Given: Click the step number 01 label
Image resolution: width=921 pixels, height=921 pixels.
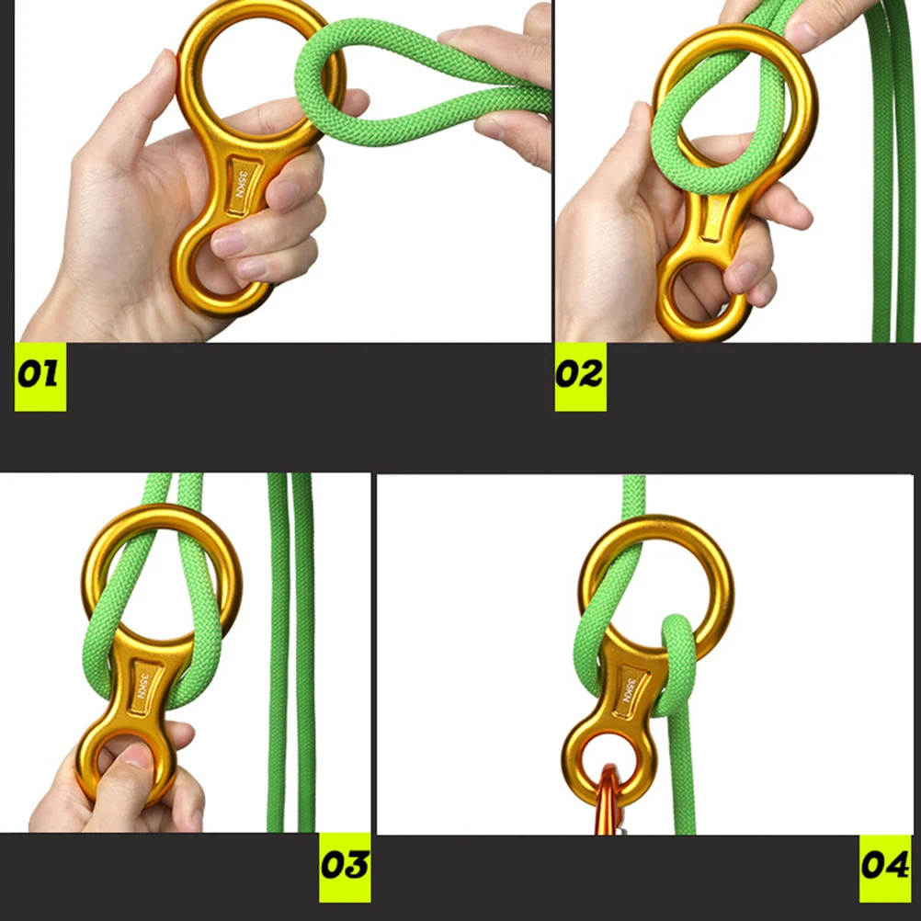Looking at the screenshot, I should coord(40,375).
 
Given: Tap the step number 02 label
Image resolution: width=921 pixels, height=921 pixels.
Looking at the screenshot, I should coord(580,375).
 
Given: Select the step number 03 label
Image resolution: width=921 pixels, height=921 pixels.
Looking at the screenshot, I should coord(345,865).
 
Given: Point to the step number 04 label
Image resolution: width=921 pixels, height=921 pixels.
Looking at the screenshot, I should coord(885,865).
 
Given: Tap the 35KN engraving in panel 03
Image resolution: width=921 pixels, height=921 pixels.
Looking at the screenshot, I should coord(143,685).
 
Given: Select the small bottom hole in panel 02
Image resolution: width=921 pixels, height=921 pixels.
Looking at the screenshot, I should coord(703,296).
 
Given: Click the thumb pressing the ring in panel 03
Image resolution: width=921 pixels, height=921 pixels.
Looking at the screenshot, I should coord(129,772).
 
